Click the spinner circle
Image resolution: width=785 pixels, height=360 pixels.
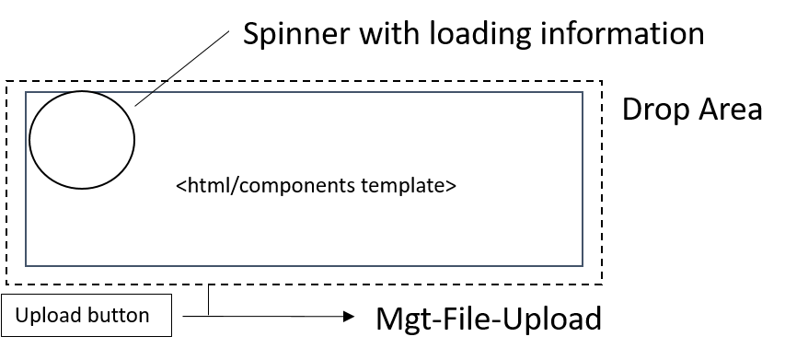point(82,140)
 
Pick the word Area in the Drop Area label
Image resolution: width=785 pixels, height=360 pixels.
point(731,110)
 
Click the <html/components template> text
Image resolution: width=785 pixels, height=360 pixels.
point(316,185)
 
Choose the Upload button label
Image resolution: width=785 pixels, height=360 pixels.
point(83,316)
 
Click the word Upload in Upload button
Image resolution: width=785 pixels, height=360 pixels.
point(47,316)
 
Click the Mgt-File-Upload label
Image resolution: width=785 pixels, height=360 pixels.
point(488,319)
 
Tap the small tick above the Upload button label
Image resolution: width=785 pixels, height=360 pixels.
point(158,295)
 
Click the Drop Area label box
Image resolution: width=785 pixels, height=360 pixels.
point(691,110)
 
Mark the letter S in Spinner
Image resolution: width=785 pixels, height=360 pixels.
point(250,34)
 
